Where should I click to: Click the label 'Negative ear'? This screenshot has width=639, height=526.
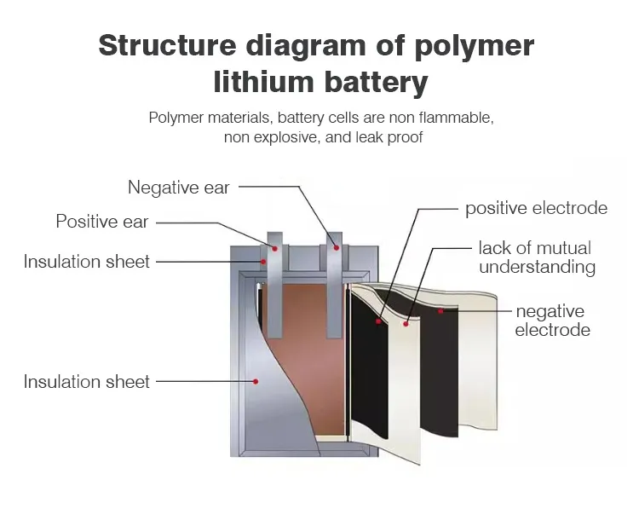(x=179, y=187)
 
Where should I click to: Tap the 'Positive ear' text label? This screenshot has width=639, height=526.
(x=102, y=222)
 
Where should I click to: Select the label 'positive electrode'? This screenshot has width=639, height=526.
(x=536, y=208)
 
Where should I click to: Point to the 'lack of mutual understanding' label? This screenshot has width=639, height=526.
(x=536, y=257)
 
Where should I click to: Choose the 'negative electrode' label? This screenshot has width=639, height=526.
(x=552, y=321)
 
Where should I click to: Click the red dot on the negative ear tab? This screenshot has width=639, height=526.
(x=337, y=248)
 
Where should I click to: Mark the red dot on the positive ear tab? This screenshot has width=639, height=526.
(x=274, y=248)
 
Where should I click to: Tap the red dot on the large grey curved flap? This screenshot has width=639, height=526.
(x=255, y=381)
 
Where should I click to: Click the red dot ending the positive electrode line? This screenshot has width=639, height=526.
(x=378, y=321)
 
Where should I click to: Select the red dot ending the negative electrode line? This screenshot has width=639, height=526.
(x=440, y=311)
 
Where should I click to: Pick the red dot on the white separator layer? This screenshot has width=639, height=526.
(x=406, y=323)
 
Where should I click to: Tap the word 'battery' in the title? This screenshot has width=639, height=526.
(x=376, y=83)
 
